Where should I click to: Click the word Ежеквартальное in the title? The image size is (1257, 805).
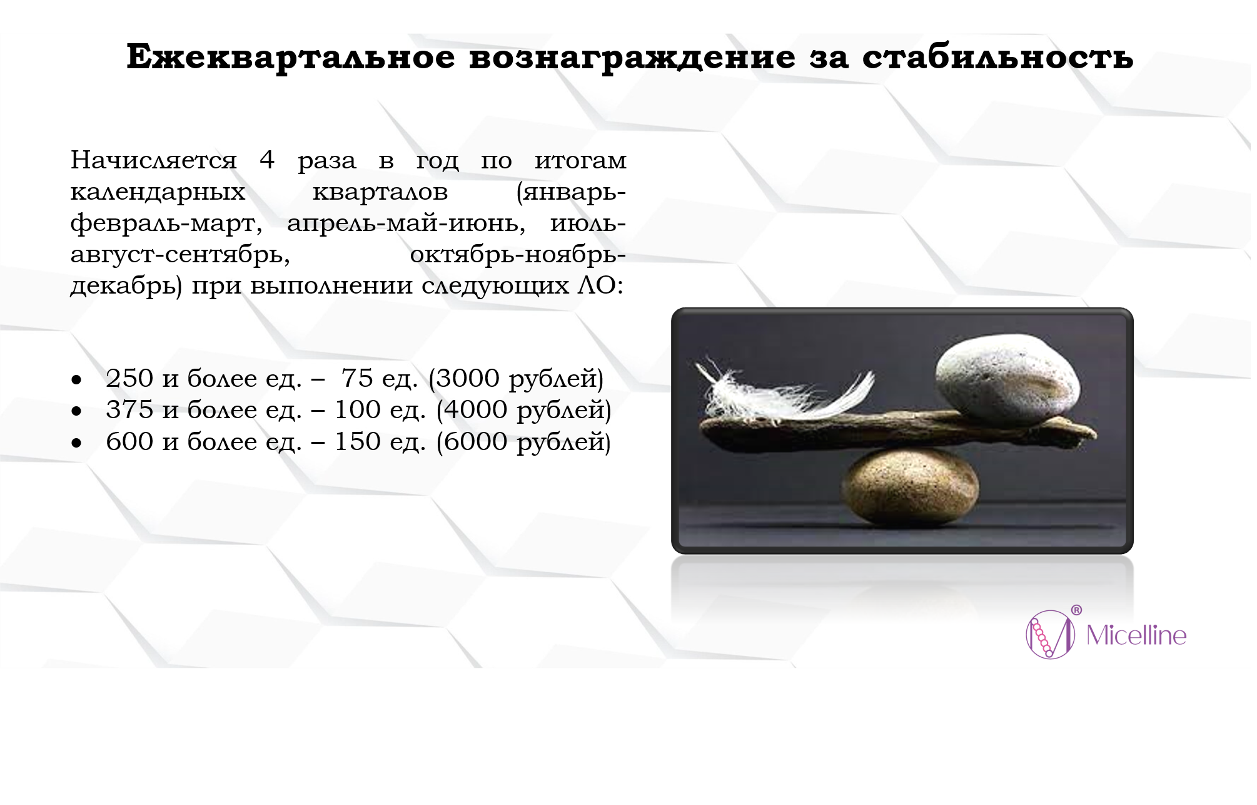(x=291, y=58)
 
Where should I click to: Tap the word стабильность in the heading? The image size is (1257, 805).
(x=997, y=58)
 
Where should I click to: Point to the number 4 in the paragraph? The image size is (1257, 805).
(x=267, y=160)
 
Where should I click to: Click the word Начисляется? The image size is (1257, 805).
(x=154, y=160)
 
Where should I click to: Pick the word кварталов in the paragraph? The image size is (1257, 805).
(x=380, y=192)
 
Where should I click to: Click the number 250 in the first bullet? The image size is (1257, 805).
(x=129, y=378)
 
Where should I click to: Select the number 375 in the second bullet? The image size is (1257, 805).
(x=129, y=409)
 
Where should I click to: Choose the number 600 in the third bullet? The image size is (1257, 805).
(x=129, y=441)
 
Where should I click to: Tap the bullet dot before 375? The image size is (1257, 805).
(x=76, y=411)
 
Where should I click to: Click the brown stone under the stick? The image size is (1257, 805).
(x=910, y=487)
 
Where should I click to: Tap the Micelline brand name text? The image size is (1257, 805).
(x=1136, y=635)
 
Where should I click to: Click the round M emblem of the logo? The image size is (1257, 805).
(x=1051, y=634)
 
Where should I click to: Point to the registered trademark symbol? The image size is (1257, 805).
(x=1076, y=610)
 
